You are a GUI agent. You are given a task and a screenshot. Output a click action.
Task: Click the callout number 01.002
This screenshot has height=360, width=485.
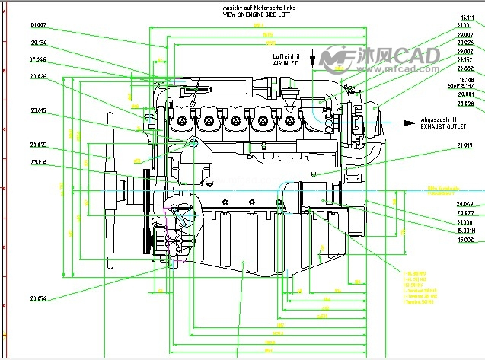(38, 25)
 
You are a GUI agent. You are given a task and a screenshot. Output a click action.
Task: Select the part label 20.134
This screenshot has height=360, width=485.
(38, 43)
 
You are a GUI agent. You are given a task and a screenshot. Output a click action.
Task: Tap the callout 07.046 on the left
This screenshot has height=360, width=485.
(38, 59)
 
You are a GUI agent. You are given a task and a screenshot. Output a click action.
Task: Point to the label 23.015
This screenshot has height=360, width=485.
(38, 110)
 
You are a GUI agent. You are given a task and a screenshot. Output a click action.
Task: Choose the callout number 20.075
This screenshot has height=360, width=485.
(38, 145)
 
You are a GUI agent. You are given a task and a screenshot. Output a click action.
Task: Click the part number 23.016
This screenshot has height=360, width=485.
(38, 162)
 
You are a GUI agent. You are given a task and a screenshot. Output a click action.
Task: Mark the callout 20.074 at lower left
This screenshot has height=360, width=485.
(38, 298)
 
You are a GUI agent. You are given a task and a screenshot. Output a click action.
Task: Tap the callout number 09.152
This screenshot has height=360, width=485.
(464, 59)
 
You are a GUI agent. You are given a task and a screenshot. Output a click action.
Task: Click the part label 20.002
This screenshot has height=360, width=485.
(464, 68)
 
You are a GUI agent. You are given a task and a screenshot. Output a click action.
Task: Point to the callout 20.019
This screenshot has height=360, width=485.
(464, 145)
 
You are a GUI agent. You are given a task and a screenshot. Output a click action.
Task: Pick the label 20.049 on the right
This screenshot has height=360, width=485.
(464, 204)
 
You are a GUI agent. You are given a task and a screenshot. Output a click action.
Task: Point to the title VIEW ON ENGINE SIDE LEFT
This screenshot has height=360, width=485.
(257, 14)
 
